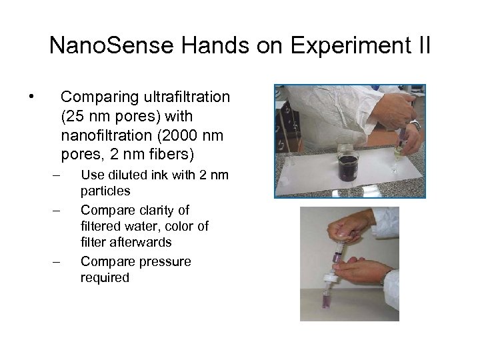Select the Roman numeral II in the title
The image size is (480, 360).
pyautogui.click(x=422, y=47)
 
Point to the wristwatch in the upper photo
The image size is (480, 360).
pyautogui.click(x=415, y=124)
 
